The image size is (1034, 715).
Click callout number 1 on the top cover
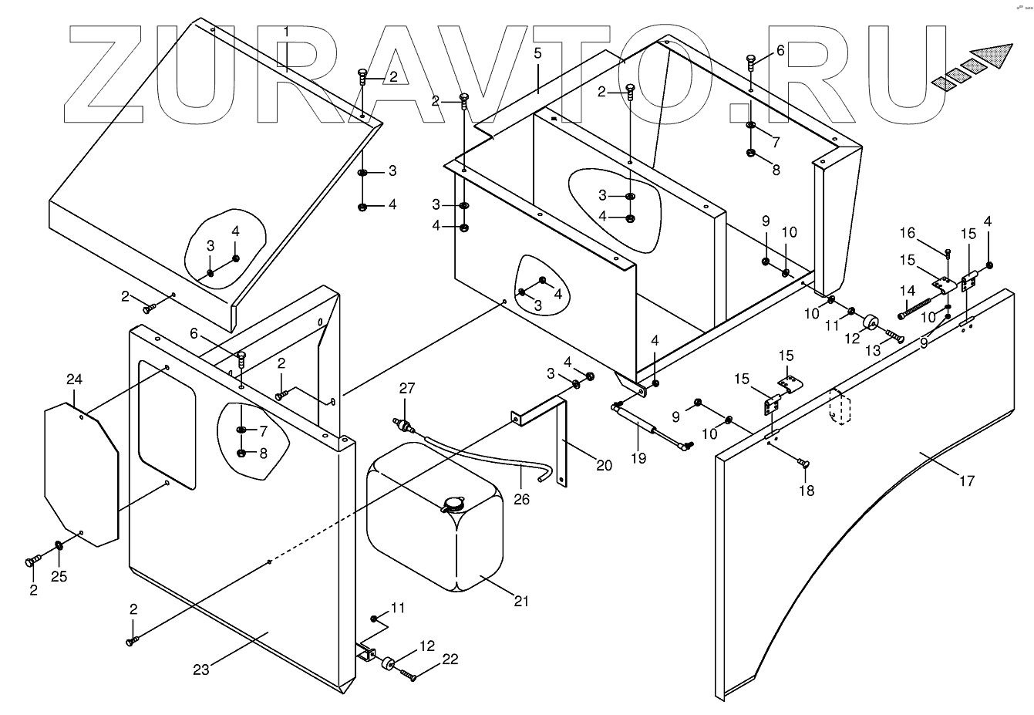point(286,32)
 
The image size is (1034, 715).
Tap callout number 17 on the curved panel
point(967,481)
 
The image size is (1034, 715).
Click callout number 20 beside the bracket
point(604,465)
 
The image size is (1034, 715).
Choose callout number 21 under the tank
point(521,601)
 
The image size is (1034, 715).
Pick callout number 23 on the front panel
point(200,669)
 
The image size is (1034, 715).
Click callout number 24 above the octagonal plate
point(73,379)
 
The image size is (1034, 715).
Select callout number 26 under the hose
point(522,499)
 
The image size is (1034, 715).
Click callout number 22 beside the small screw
point(450,659)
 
